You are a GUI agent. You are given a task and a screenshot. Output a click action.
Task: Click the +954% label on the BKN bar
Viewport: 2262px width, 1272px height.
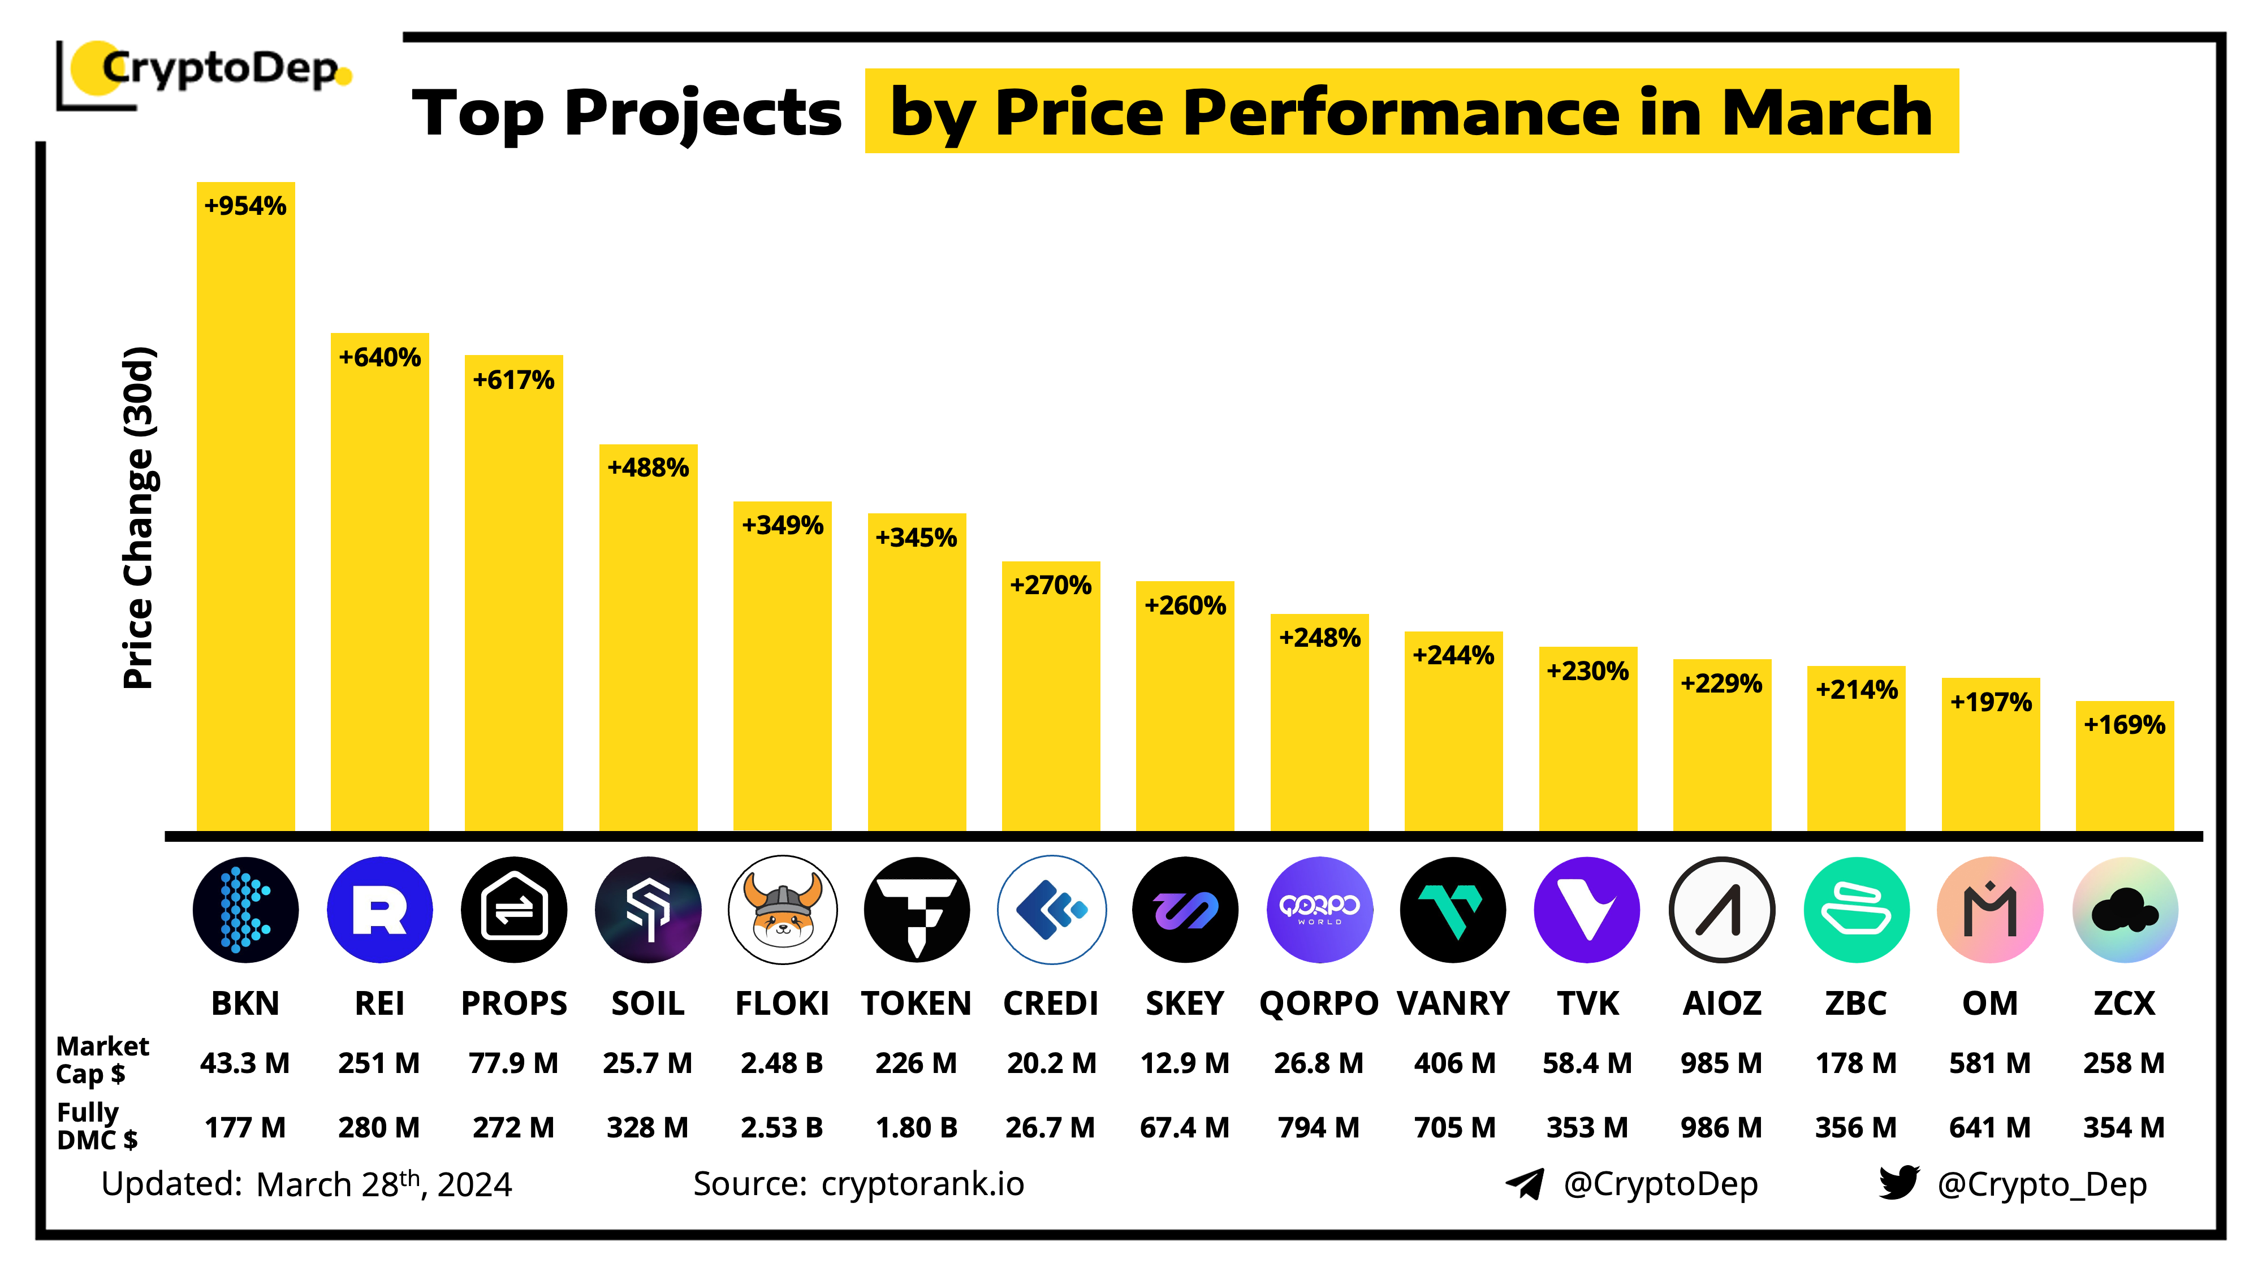(245, 206)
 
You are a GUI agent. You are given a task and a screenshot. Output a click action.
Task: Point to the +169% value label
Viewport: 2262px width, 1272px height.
(2124, 725)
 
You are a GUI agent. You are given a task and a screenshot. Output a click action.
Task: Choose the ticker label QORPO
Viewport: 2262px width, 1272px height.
(1318, 1002)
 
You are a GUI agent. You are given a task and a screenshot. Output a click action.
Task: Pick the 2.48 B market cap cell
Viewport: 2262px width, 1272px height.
(782, 1063)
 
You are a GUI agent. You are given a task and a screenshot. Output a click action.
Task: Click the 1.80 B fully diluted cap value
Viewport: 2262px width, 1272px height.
(916, 1127)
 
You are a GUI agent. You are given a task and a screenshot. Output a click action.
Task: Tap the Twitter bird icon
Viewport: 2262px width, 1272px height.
(1898, 1183)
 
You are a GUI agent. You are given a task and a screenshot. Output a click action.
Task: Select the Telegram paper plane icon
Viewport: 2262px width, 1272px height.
(1525, 1183)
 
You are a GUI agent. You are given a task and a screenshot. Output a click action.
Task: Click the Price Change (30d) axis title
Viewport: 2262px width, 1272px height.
(139, 518)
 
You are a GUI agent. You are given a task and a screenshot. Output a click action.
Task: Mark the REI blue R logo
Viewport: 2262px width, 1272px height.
(379, 910)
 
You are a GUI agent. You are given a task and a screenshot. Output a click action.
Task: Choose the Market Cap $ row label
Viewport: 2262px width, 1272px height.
(101, 1059)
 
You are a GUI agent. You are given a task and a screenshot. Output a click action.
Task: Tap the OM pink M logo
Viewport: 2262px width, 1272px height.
(1990, 910)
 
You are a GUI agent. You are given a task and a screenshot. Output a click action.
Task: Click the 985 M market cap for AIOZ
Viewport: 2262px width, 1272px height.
(1721, 1063)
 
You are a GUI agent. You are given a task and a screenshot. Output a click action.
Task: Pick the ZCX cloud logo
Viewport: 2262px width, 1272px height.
(2124, 910)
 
